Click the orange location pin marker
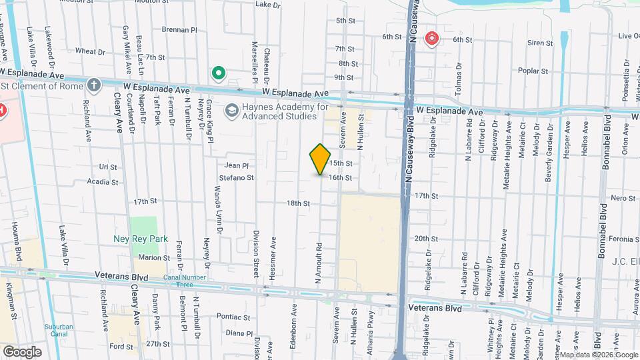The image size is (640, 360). [x=320, y=159]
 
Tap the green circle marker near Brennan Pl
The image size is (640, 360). [x=217, y=73]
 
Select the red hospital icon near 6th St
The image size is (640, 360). [x=432, y=38]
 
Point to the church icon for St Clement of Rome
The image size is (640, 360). [x=94, y=85]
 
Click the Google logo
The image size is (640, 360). [x=22, y=351]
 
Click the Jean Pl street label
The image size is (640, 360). [x=237, y=165]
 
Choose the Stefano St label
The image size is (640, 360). [x=237, y=178]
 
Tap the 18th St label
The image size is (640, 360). [x=298, y=203]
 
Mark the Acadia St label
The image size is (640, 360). [x=103, y=181]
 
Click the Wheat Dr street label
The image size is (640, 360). [x=91, y=51]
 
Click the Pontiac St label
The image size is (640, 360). [x=233, y=317]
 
